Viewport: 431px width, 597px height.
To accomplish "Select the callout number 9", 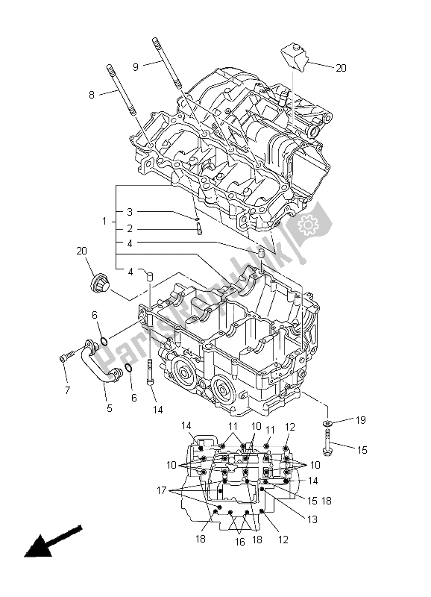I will (x=136, y=66).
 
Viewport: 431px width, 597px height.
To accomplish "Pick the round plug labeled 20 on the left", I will (x=97, y=284).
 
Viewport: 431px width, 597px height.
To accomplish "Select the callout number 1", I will (x=105, y=222).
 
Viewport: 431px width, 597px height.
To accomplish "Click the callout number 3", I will (x=129, y=212).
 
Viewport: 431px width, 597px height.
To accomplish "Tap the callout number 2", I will (x=129, y=229).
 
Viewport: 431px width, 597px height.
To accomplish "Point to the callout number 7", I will (x=66, y=389).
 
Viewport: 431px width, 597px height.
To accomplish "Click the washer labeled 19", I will (x=327, y=424).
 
